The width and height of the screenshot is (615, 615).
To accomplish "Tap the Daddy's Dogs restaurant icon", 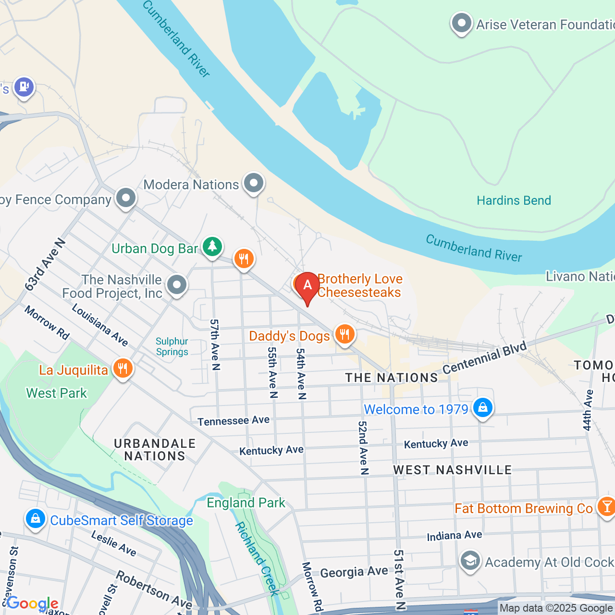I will [344, 333].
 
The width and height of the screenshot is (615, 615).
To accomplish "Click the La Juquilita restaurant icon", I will [123, 369].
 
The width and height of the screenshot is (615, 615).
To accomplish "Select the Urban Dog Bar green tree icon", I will [212, 246].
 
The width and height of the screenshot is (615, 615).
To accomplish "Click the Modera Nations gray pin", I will [253, 183].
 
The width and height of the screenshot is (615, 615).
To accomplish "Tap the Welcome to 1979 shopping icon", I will [482, 408].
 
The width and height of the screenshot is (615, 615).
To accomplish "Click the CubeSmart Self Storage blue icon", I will [36, 519].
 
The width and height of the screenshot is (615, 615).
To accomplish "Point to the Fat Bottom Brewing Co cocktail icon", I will [606, 507].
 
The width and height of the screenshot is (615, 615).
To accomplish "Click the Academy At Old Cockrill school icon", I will [470, 561].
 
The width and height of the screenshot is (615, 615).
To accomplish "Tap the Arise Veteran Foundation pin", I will [462, 23].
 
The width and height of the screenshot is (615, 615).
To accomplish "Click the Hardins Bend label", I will [514, 200].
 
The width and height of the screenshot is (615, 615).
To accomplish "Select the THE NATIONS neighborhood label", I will [392, 378].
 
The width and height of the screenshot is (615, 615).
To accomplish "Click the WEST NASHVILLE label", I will [452, 470].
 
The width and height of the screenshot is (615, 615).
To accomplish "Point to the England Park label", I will [246, 503].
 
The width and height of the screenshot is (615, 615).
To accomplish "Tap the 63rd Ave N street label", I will [45, 265].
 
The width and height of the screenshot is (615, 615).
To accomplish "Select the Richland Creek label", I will [257, 558].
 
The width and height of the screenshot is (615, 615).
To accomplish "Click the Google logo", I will [33, 603].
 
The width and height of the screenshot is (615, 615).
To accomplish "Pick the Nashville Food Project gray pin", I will [177, 285].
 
